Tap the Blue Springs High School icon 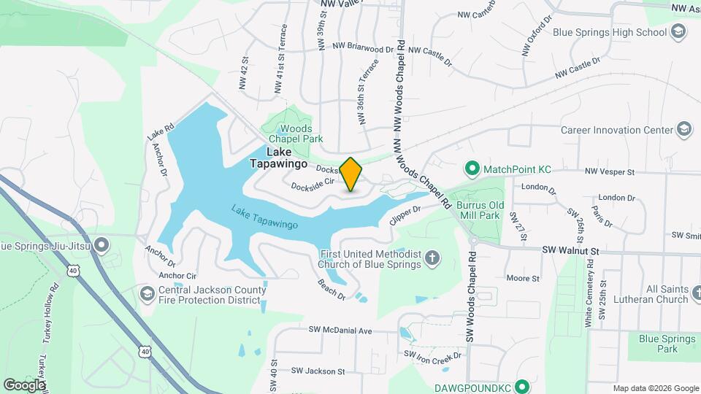pyautogui.click(x=678, y=31)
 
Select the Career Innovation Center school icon pyautogui.click(x=684, y=130)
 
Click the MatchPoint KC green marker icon pyautogui.click(x=472, y=169)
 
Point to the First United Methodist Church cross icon pyautogui.click(x=433, y=258)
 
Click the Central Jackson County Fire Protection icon pyautogui.click(x=148, y=294)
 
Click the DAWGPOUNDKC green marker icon pyautogui.click(x=522, y=385)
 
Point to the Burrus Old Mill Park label pyautogui.click(x=478, y=210)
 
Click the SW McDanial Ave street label pyautogui.click(x=340, y=331)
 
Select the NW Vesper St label pyautogui.click(x=610, y=172)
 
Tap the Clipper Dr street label pyautogui.click(x=407, y=215)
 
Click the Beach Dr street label pyautogui.click(x=331, y=289)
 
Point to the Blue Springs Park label pyautogui.click(x=658, y=344)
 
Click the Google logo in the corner pyautogui.click(x=24, y=385)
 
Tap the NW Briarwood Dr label pyautogui.click(x=363, y=46)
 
